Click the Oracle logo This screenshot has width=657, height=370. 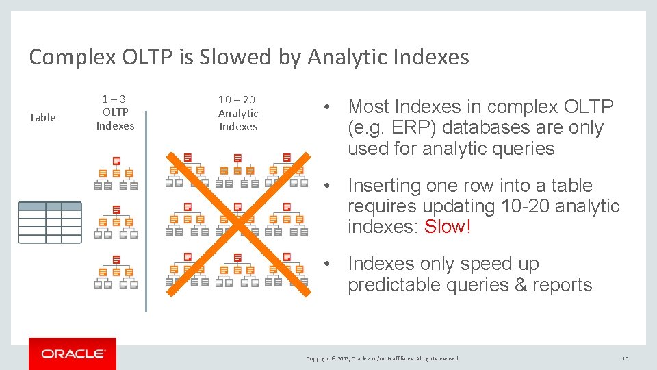click(73, 354)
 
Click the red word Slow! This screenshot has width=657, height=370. click(448, 227)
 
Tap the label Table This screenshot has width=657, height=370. click(42, 117)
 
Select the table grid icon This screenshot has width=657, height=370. click(50, 222)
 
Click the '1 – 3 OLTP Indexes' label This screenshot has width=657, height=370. click(115, 112)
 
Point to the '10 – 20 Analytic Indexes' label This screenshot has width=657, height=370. click(238, 113)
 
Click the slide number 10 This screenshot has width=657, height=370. click(624, 358)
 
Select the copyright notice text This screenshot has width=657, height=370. click(383, 358)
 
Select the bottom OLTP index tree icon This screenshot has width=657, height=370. click(116, 272)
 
